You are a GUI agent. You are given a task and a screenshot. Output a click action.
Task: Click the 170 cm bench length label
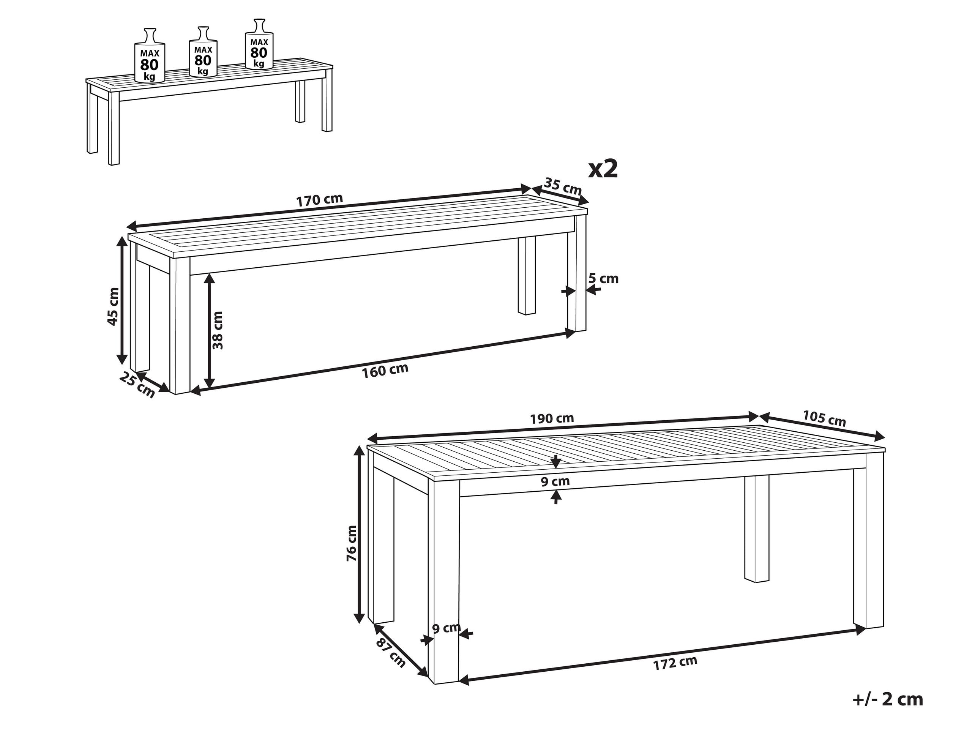(x=319, y=200)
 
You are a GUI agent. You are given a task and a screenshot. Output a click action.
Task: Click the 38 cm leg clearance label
(x=218, y=330)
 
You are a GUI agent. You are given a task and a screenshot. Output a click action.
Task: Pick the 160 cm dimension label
(x=385, y=371)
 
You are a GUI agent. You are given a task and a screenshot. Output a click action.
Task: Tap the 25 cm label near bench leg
(x=137, y=385)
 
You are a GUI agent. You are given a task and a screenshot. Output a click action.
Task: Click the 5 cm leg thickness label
(x=603, y=279)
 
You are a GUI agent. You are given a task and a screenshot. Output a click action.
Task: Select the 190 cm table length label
(x=552, y=418)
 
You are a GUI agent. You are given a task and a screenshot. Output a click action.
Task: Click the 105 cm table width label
(x=824, y=418)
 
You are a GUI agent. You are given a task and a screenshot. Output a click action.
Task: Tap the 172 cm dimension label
(x=675, y=663)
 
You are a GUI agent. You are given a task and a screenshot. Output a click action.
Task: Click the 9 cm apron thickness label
(x=555, y=481)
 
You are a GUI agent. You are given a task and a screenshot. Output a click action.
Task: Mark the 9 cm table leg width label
(x=446, y=628)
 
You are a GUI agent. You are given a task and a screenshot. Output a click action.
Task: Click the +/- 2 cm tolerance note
(x=888, y=699)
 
